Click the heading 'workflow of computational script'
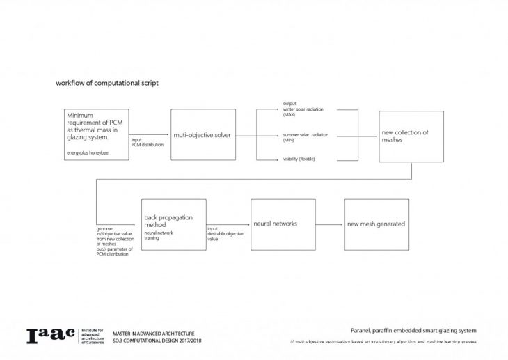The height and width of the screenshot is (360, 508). click(x=107, y=83)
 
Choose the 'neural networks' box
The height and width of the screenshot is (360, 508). click(x=278, y=224)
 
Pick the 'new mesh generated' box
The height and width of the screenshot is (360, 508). click(x=376, y=224)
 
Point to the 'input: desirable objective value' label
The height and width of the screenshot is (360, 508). click(x=223, y=234)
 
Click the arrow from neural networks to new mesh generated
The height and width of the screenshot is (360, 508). click(x=326, y=224)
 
